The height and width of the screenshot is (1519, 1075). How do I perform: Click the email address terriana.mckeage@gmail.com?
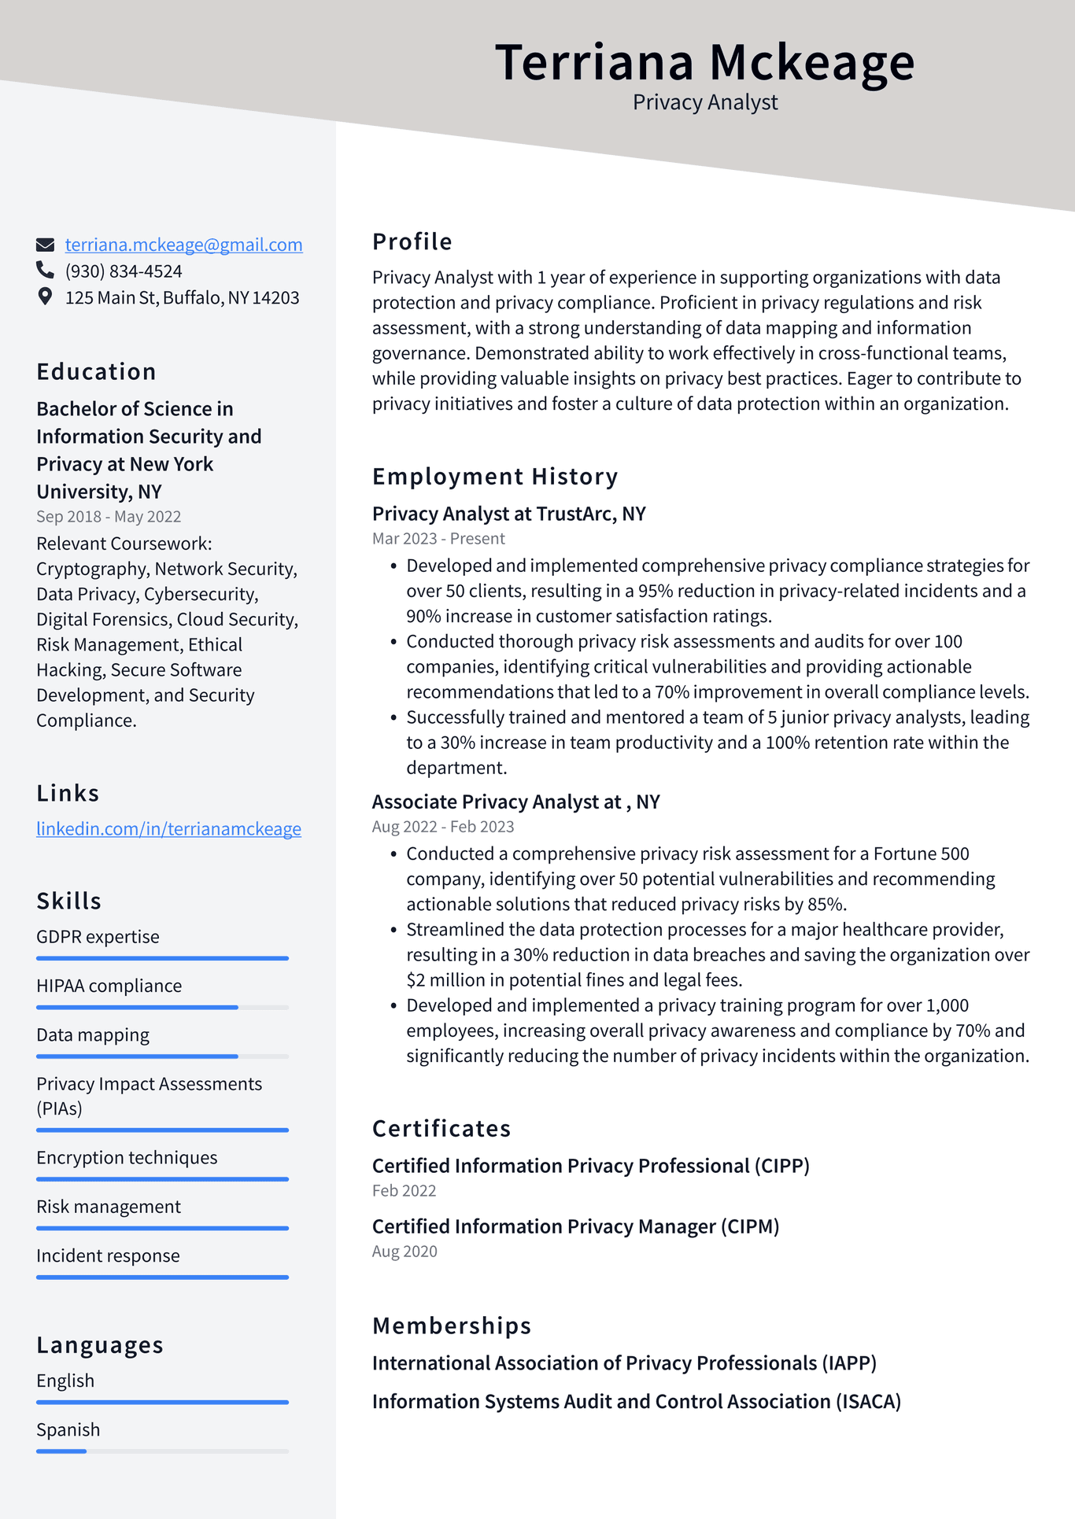pos(183,245)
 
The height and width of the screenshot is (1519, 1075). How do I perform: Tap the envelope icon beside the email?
pos(46,245)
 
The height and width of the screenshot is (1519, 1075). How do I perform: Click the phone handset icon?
pos(45,271)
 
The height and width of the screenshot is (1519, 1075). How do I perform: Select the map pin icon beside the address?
pos(45,297)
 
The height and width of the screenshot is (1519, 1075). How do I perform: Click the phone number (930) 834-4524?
pos(124,271)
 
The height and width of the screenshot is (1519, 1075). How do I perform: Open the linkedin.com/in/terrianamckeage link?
pos(168,828)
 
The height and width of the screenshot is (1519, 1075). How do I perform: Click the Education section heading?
pos(96,371)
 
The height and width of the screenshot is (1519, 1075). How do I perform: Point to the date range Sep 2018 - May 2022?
pos(109,517)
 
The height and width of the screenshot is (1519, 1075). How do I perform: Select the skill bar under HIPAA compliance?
pos(162,1007)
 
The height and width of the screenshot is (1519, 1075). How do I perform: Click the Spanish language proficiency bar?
pos(162,1451)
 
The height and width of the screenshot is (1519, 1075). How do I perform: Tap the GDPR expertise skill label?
pos(98,937)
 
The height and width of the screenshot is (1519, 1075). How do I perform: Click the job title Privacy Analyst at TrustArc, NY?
pos(508,514)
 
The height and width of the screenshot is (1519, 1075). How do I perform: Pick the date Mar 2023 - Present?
pos(438,539)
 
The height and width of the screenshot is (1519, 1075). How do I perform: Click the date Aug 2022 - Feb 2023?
pos(443,827)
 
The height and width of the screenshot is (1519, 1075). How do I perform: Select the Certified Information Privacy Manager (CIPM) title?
pos(575,1226)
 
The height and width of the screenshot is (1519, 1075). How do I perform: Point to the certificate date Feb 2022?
pos(404,1191)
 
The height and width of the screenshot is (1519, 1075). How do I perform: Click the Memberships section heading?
pos(452,1325)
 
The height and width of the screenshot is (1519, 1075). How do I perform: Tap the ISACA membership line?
pos(636,1402)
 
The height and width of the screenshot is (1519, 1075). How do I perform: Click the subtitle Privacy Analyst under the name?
pos(705,102)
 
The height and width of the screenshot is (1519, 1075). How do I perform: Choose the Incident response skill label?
pos(108,1255)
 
